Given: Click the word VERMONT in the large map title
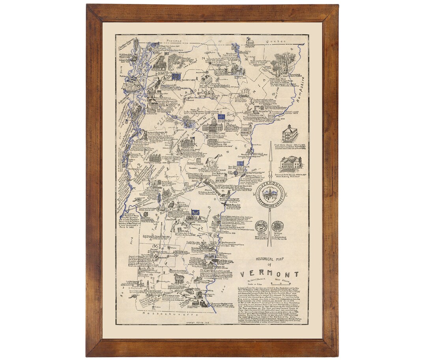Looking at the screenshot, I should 270,274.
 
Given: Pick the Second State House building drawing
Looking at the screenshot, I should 290,163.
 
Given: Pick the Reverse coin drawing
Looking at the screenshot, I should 280,226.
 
